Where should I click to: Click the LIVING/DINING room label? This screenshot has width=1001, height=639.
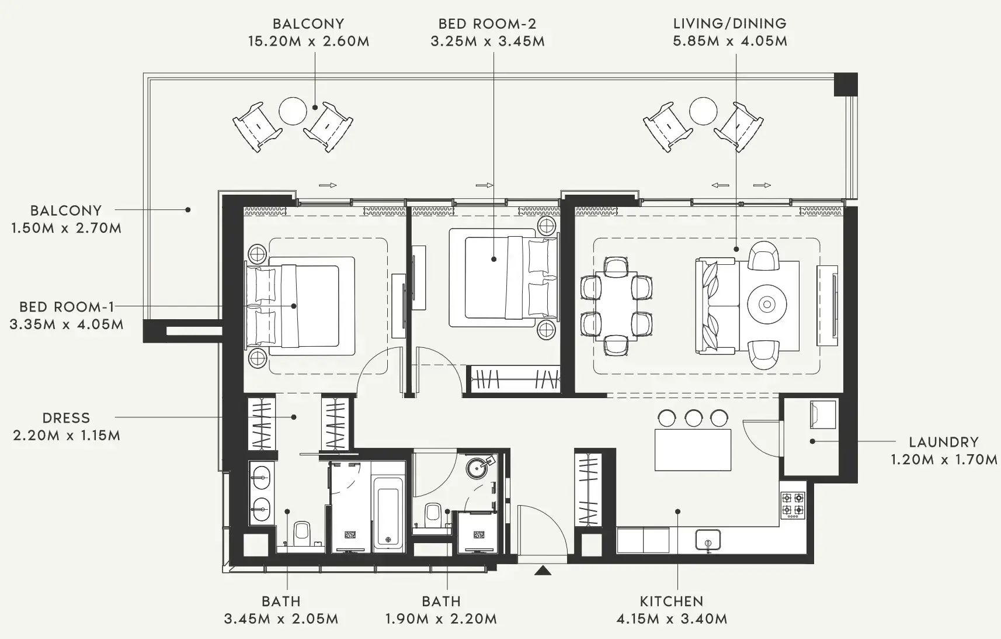click(x=730, y=24)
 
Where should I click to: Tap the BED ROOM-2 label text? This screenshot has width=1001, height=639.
click(x=488, y=24)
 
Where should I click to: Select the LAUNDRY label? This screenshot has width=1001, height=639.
click(x=944, y=442)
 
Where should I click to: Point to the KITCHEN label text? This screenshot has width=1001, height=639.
click(x=672, y=602)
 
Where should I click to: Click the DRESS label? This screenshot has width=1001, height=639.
click(x=66, y=418)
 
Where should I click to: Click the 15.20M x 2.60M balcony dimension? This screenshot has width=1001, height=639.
click(x=309, y=41)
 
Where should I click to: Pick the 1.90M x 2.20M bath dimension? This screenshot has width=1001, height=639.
click(x=441, y=619)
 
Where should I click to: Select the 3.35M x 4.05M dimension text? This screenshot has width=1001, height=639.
click(x=67, y=324)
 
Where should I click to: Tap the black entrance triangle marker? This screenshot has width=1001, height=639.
click(x=543, y=570)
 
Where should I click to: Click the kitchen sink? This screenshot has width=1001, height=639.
click(x=708, y=540)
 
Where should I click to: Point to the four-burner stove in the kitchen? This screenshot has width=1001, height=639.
click(x=793, y=505)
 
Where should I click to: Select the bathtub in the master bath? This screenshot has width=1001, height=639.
click(x=387, y=513)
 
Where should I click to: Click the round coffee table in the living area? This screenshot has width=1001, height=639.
click(x=767, y=304)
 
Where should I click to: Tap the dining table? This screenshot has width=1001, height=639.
click(x=616, y=306)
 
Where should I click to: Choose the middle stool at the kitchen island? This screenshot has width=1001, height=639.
click(x=694, y=418)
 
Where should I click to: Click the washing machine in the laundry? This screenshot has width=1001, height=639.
click(x=823, y=415)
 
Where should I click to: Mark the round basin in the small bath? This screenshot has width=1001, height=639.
click(x=477, y=468)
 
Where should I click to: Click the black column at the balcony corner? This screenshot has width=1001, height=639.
click(x=846, y=84)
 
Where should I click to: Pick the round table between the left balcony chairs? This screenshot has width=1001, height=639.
click(x=293, y=111)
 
